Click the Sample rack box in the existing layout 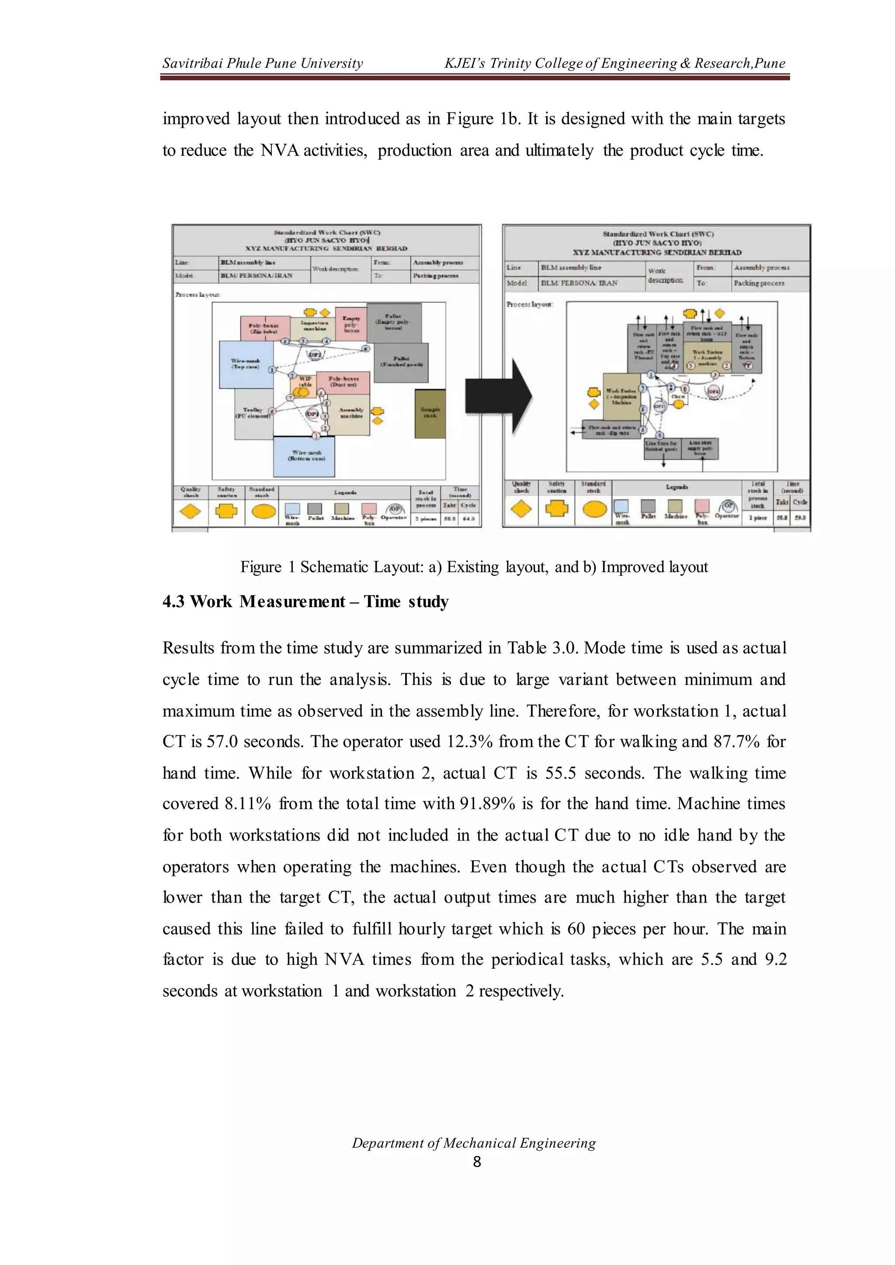pos(430,414)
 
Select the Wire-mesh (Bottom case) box pos(304,456)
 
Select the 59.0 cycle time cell pos(800,518)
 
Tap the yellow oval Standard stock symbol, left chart pos(263,512)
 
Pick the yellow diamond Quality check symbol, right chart pos(521,509)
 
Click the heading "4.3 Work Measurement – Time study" pos(305,602)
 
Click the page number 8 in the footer pos(477,1162)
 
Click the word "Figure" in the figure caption pos(260,567)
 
